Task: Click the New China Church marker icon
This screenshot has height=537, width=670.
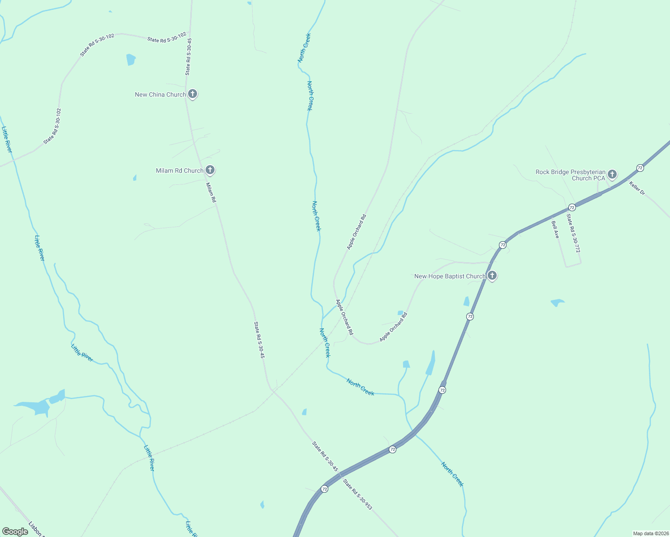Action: point(193,94)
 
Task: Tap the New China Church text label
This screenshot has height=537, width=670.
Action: point(160,95)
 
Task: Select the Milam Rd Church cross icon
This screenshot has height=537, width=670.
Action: point(210,170)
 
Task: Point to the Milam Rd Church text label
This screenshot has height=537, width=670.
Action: point(180,170)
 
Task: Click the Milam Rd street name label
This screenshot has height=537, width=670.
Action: point(211,192)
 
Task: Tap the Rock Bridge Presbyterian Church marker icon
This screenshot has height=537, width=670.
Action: point(612,174)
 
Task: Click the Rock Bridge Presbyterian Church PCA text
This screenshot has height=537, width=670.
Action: point(571,175)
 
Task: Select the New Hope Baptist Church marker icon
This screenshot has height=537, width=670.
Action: point(492,275)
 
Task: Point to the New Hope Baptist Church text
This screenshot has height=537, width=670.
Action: point(450,277)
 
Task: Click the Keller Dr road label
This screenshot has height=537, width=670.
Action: point(637,188)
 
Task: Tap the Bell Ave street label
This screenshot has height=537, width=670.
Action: point(555,230)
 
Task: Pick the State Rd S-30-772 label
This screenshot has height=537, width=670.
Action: point(573,233)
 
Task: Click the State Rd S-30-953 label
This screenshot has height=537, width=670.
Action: point(357,494)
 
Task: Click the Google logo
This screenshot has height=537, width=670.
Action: point(15,532)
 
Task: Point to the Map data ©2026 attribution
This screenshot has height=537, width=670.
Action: point(650,533)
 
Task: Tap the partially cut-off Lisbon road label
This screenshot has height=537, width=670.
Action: point(35,529)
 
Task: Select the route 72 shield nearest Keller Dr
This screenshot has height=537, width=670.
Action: point(640,168)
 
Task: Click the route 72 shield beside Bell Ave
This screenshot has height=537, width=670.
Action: point(572,207)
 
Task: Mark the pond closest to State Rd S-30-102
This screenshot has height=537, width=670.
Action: point(131,60)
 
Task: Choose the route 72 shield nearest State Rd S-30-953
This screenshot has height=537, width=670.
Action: point(324,489)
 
